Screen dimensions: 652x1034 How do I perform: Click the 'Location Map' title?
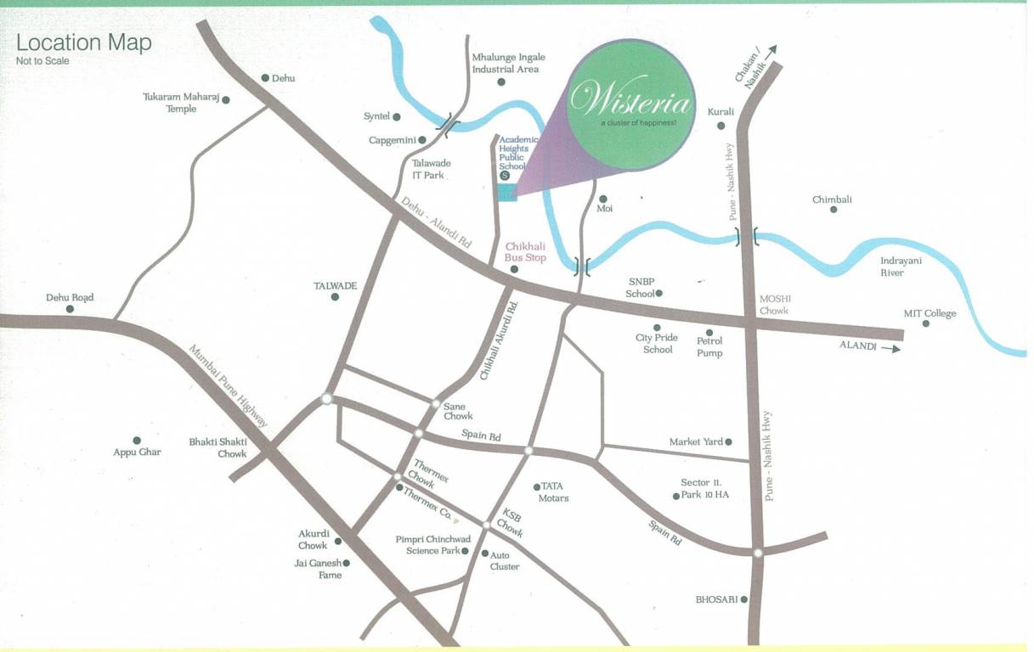coord(84,42)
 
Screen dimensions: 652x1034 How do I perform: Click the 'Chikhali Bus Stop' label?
coord(526,251)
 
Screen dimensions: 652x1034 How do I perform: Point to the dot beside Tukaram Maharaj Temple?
coord(225,99)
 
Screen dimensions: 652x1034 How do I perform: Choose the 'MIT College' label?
coord(929,313)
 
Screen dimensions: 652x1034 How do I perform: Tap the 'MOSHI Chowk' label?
coord(774,304)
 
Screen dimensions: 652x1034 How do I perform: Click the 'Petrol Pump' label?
coord(709,346)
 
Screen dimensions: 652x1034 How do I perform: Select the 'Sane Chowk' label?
coord(458,411)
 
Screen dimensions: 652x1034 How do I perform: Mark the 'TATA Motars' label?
coord(553,492)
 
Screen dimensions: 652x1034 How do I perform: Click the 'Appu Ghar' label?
coord(137,452)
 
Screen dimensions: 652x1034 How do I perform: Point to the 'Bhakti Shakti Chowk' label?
coord(218,447)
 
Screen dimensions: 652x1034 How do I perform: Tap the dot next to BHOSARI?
coord(743,599)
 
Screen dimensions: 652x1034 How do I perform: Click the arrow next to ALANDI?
coord(891,347)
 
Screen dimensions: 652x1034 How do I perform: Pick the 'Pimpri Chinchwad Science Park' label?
coord(432,544)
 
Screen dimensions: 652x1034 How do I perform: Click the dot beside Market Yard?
coord(728,441)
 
